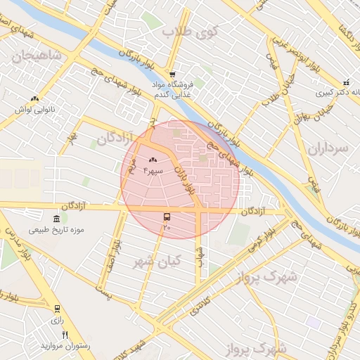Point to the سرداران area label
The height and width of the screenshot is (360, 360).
pyautogui.click(x=328, y=148)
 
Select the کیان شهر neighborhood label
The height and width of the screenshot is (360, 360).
pyautogui.click(x=157, y=261)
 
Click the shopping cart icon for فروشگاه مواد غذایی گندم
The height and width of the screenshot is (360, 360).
pyautogui.click(x=172, y=75)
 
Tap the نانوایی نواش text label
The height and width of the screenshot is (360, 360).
pyautogui.click(x=35, y=110)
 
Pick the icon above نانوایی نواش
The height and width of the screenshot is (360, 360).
pyautogui.click(x=35, y=99)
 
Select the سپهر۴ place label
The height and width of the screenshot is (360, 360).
pyautogui.click(x=153, y=171)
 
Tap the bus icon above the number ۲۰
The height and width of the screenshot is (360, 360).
pyautogui.click(x=167, y=217)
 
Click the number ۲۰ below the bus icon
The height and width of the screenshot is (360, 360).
pyautogui.click(x=167, y=227)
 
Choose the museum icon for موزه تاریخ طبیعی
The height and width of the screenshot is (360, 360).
pyautogui.click(x=56, y=219)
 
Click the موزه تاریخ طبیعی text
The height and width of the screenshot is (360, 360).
pyautogui.click(x=56, y=230)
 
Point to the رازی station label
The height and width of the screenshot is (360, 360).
pyautogui.click(x=58, y=319)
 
